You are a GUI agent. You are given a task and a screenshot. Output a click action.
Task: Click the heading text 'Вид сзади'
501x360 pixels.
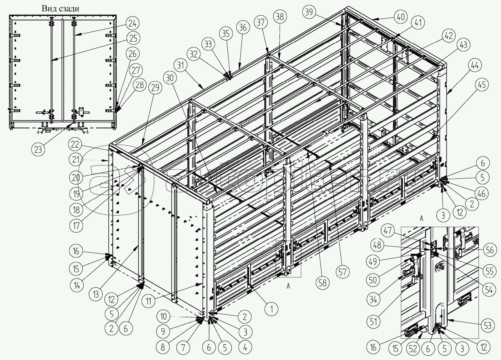point(60,9)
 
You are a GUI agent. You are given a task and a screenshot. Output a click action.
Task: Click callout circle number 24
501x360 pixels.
point(132,23)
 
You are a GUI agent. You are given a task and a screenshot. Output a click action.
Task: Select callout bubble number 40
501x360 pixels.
point(400,17)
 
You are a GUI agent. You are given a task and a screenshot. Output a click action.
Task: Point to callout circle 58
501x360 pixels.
point(322,283)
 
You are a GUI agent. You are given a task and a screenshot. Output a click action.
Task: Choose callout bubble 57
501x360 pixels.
point(342,272)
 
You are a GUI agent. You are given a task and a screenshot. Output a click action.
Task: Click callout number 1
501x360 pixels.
point(272,309)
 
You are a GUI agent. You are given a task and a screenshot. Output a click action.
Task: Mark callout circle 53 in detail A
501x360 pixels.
point(488,325)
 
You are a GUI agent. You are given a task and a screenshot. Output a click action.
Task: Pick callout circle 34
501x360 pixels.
point(373,300)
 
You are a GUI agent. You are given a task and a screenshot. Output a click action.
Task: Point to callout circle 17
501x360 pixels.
point(76,226)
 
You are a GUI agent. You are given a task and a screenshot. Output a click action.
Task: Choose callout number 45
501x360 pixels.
point(482,85)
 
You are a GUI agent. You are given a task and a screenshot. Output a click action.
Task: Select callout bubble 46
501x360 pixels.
point(481,194)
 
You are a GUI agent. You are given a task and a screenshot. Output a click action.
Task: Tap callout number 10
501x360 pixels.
point(164,316)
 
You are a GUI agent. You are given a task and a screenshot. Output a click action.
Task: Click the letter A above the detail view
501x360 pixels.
point(421,218)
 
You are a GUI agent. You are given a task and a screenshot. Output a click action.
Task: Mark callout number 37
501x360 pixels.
point(260,23)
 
